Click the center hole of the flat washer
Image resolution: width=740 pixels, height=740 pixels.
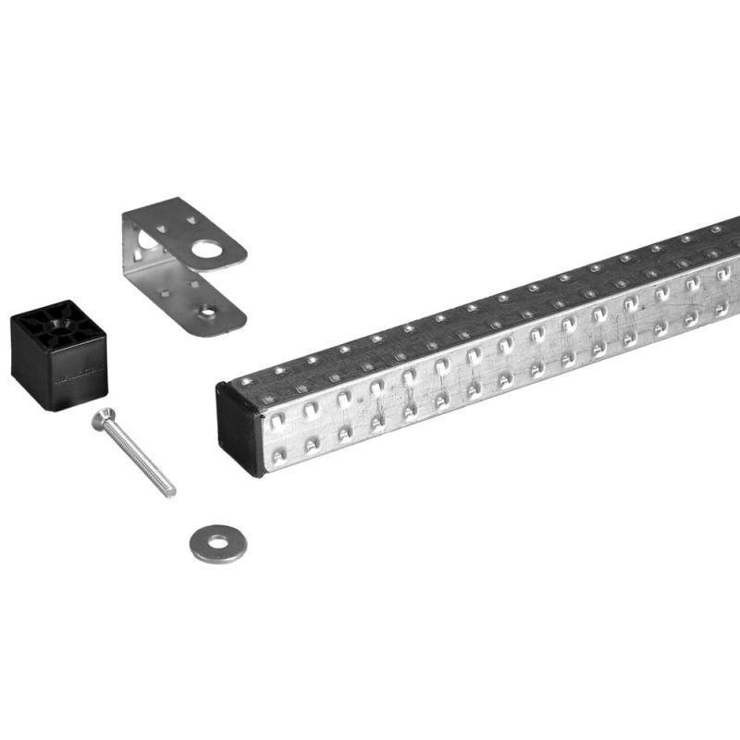pos(217,543)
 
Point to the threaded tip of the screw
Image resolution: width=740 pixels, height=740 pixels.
pos(169,491)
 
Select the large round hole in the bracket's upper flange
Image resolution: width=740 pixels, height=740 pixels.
pos(208,249)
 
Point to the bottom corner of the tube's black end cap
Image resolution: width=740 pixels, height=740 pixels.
pos(262,473)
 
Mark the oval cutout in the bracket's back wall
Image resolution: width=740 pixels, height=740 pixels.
pos(140,243)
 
